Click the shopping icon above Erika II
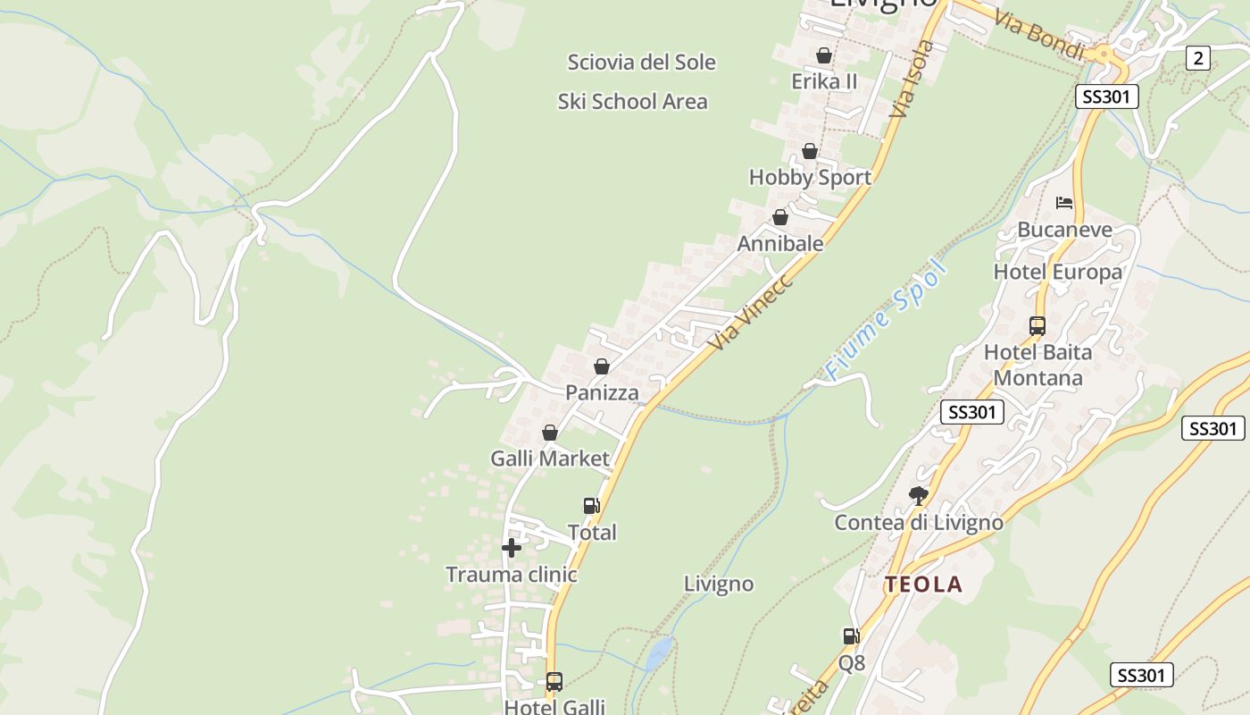pos(824,55)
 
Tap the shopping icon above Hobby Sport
pos(810,151)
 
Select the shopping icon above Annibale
pos(780,217)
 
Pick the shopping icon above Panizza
pos(602,366)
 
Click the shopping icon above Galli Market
pos(550,433)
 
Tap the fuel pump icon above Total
pos(591,506)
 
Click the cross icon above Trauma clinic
pos(512,547)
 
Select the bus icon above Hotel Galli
pos(554,682)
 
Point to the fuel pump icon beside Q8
pos(852,636)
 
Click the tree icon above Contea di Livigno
pos(918,495)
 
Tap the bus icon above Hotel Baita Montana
pos(1037,326)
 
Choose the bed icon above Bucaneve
pos(1064,203)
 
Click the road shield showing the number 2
pos(1198,59)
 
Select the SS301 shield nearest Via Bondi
pos(1106,97)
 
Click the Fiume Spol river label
pos(884,320)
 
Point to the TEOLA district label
pos(924,585)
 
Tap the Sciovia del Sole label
pos(642,63)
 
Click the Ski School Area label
pos(633,102)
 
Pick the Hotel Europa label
pos(1058,272)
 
